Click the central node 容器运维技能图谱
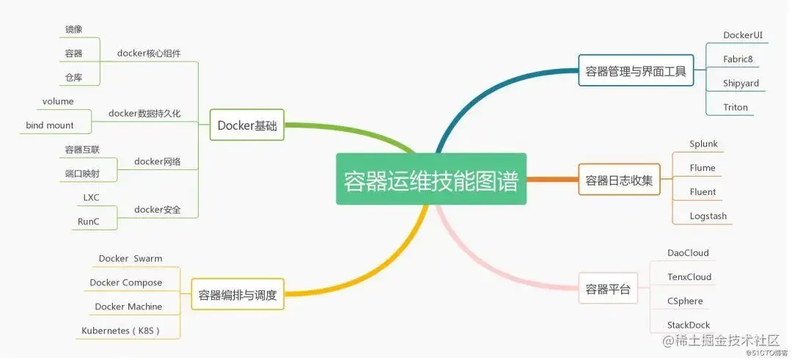coord(431,179)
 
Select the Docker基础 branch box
coord(247,125)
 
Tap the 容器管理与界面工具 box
coord(635,71)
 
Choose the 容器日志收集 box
coord(618,180)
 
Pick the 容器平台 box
coord(608,289)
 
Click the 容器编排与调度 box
coord(238,295)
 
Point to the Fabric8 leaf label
coord(738,59)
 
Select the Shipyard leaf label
coord(741,83)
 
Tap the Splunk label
coord(703,144)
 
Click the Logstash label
coord(708,216)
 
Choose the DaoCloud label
coord(688,253)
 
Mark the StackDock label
coord(688,325)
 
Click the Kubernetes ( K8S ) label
coord(121,331)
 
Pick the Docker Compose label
coord(126,282)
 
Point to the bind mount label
coord(50,125)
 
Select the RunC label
coord(88,221)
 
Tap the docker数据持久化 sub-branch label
coord(144,113)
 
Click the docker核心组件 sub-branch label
coord(149,53)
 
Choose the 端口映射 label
coord(82,174)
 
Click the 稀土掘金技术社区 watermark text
coord(726,340)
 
